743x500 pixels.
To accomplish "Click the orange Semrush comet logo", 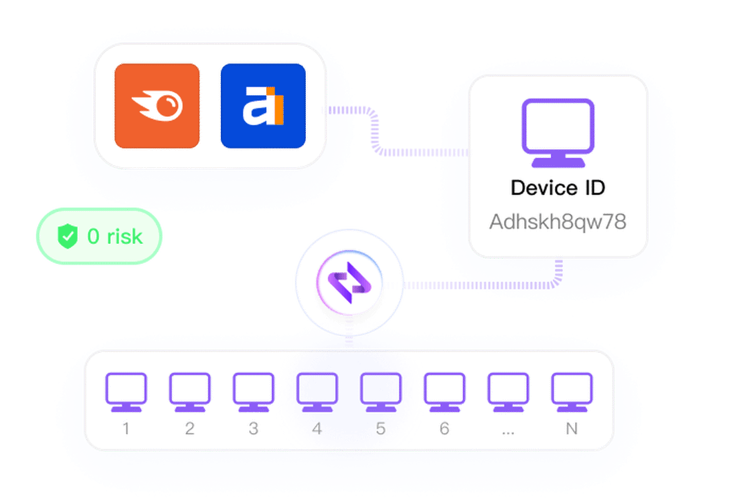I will pos(157,106).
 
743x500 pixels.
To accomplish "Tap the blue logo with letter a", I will pos(263,106).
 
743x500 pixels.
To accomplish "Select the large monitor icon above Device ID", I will pos(558,132).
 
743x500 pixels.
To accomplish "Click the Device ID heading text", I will pos(558,188).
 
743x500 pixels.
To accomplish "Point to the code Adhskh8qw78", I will pos(558,221).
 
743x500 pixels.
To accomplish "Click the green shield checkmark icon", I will pos(68,236).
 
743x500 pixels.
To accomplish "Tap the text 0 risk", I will pos(114,236).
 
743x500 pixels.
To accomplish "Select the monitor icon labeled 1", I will pos(127,392).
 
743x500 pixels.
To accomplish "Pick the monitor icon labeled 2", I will pos(190,392).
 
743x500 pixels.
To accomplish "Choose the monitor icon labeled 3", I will pos(254,392).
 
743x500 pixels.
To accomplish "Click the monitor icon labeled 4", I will pos(317,392).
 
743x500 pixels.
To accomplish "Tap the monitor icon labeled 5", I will pos(381,392).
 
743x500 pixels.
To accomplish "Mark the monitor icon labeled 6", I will pos(444,392).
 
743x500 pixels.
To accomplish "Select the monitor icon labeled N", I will pos(572,392).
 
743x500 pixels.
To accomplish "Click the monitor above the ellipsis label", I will pos(508,392).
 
